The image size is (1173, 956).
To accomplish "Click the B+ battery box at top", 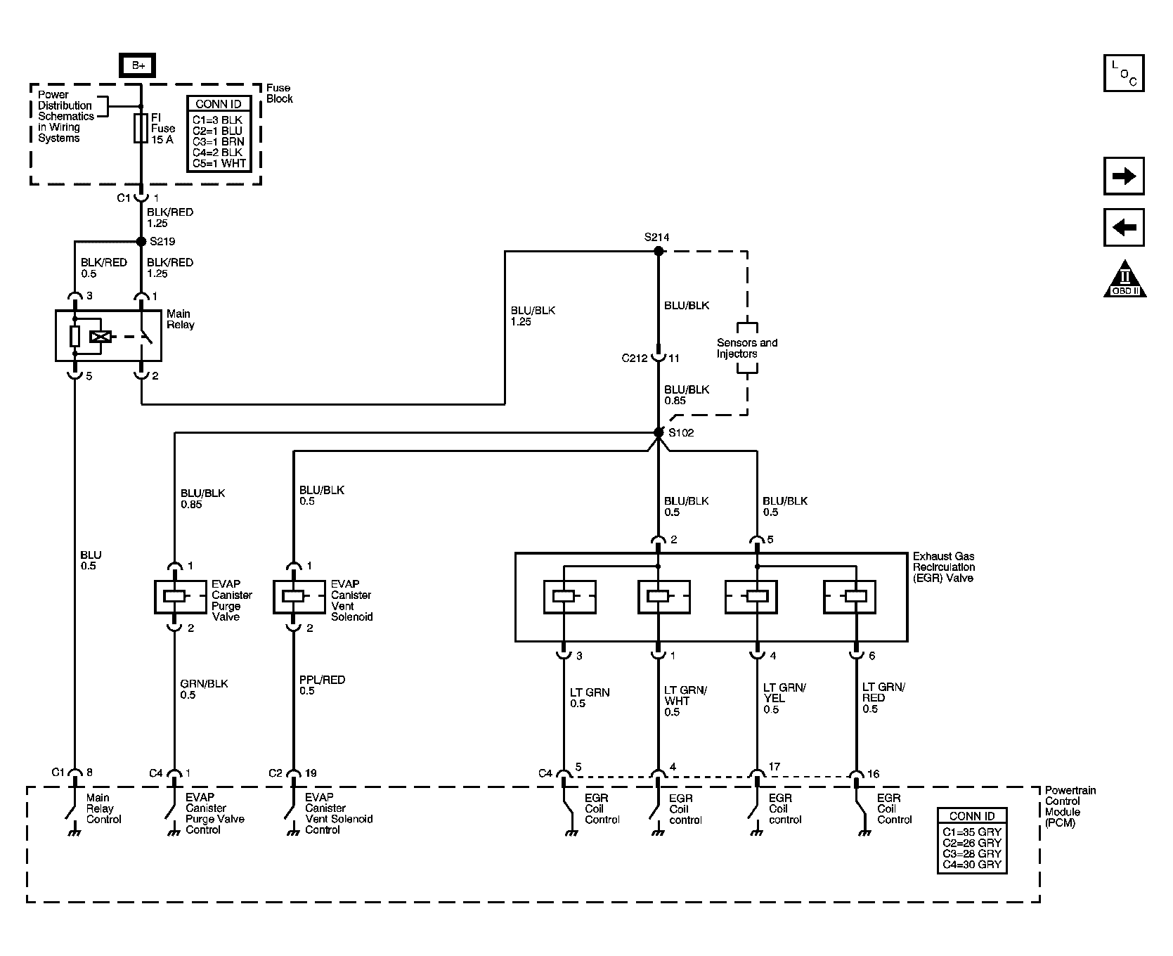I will [138, 65].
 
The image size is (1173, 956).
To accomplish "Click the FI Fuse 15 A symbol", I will [141, 128].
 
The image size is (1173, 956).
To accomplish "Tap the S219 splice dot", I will [141, 241].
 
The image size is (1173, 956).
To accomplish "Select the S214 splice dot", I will [659, 250].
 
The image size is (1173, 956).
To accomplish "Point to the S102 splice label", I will [681, 433].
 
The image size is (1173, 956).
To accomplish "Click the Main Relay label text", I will [180, 319].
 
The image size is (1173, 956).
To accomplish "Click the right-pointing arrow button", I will [1124, 176].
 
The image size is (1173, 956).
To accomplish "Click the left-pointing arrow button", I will [1124, 228].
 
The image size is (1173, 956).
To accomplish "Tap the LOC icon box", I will [1124, 73].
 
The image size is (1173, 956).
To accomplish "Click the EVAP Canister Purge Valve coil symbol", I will [174, 596].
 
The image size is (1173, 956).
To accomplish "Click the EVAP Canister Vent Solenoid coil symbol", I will [293, 596].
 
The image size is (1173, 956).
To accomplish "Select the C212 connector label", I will [634, 358].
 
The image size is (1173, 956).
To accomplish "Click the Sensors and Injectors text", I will [746, 348].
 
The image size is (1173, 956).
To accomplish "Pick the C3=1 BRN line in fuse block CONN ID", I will [218, 141].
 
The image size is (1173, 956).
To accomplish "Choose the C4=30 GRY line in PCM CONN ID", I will [971, 864].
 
